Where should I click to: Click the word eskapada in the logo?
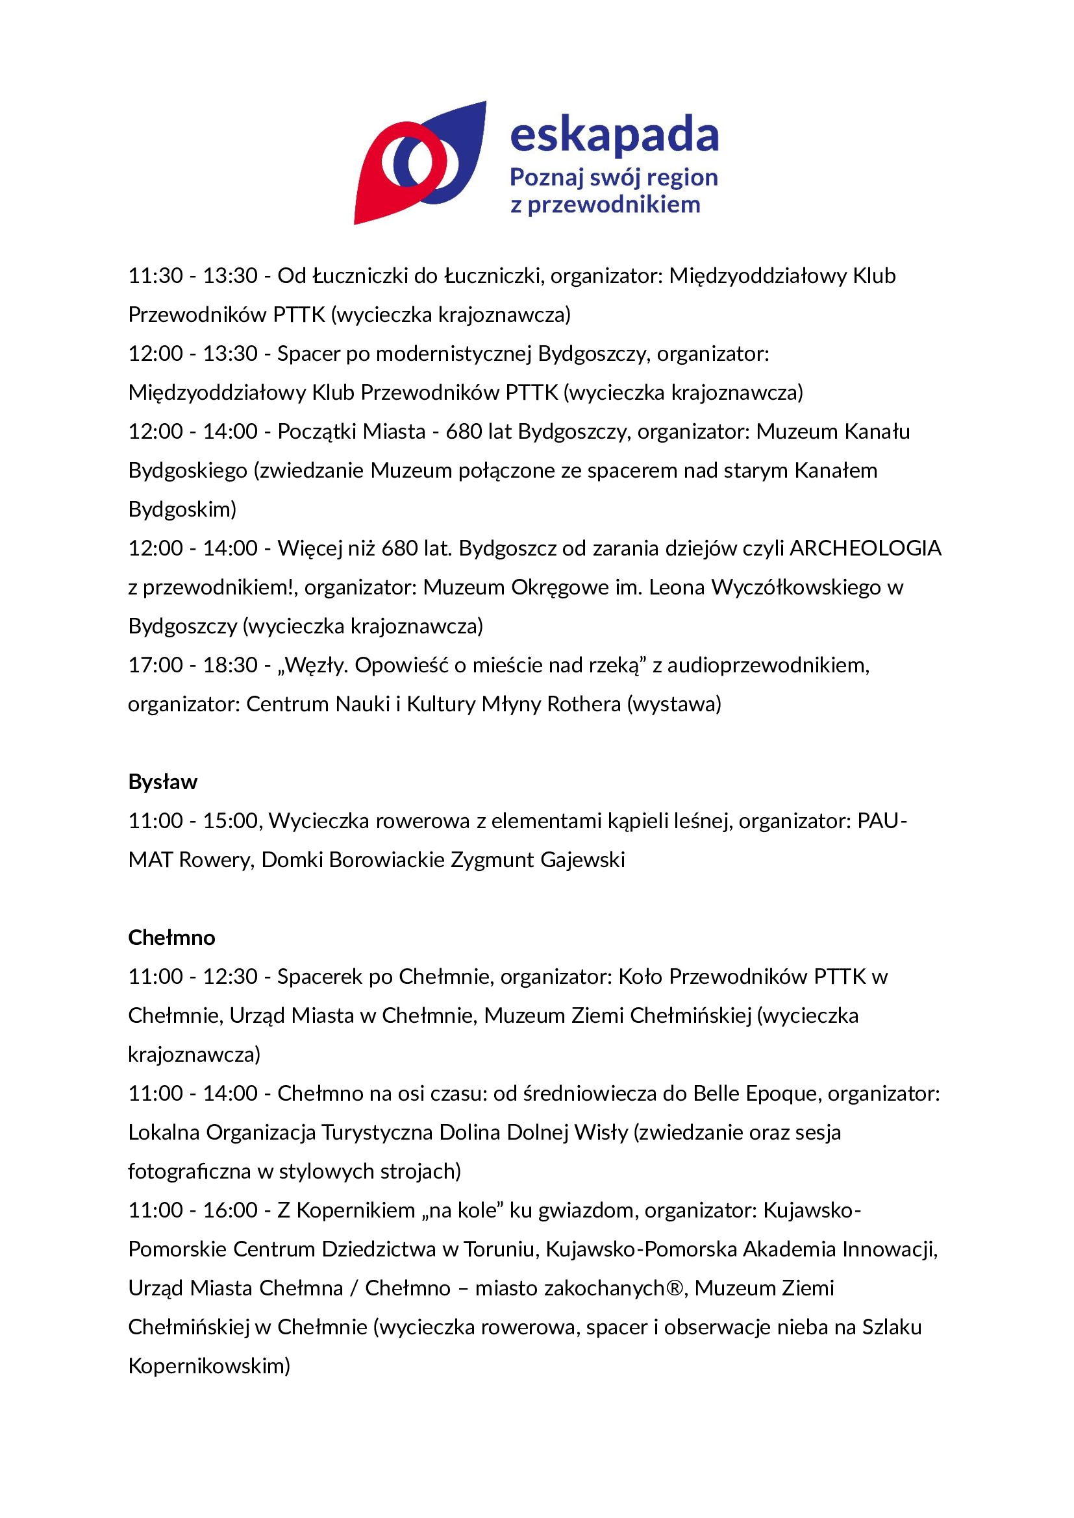point(614,136)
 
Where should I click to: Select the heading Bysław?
point(163,781)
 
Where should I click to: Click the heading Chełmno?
point(171,937)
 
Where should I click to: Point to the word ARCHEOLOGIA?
point(865,548)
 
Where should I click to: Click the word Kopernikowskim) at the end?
point(209,1366)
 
